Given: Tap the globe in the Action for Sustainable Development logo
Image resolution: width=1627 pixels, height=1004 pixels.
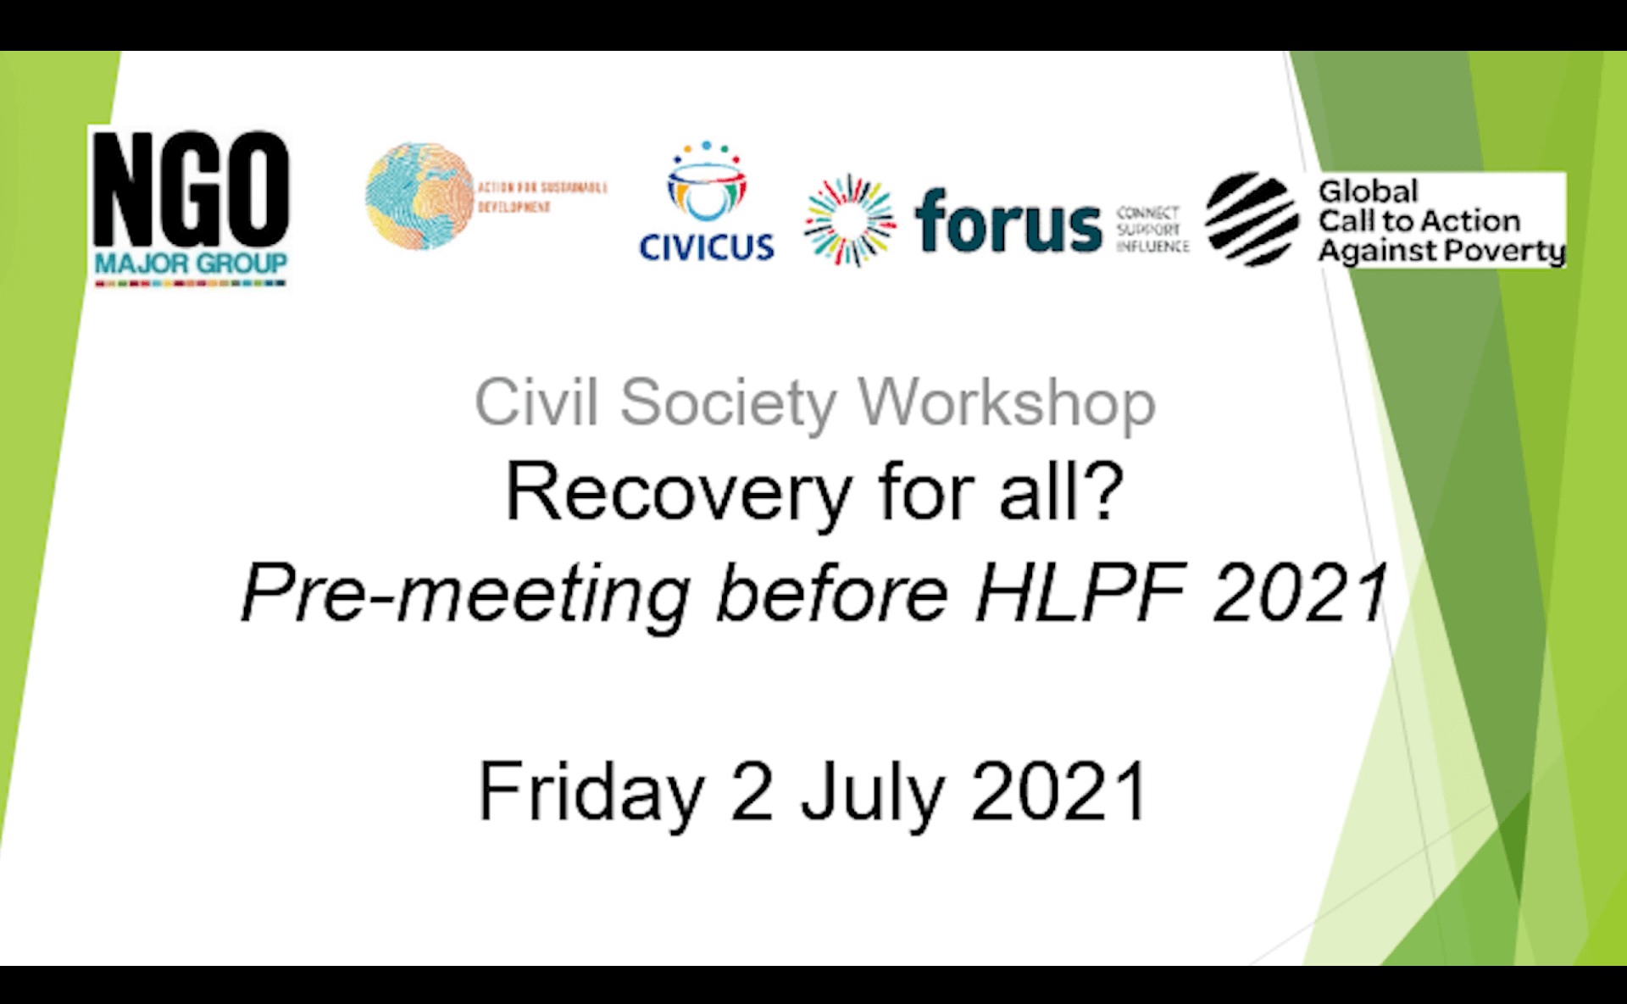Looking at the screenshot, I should tap(419, 197).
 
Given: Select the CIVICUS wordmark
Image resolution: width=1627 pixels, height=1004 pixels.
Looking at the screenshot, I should tap(706, 247).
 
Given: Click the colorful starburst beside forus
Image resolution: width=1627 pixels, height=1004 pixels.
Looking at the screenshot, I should tap(849, 220).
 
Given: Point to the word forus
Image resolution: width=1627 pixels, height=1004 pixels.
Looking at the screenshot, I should tap(1008, 222).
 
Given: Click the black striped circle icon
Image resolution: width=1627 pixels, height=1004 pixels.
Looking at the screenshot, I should tap(1252, 219).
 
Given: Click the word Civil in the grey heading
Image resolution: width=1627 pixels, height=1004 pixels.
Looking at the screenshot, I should tap(536, 402).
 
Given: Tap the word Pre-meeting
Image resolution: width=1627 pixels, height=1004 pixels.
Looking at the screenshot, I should tap(465, 595).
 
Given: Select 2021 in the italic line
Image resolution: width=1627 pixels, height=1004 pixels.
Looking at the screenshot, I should tap(1301, 593).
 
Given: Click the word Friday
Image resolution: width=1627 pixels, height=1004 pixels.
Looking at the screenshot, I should tap(591, 792).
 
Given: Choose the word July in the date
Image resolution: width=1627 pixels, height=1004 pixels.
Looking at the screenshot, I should tap(872, 792).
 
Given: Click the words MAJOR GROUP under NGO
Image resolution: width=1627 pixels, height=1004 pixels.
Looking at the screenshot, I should tap(191, 263).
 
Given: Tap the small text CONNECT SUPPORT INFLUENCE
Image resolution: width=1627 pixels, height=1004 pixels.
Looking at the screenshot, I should tap(1152, 230).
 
